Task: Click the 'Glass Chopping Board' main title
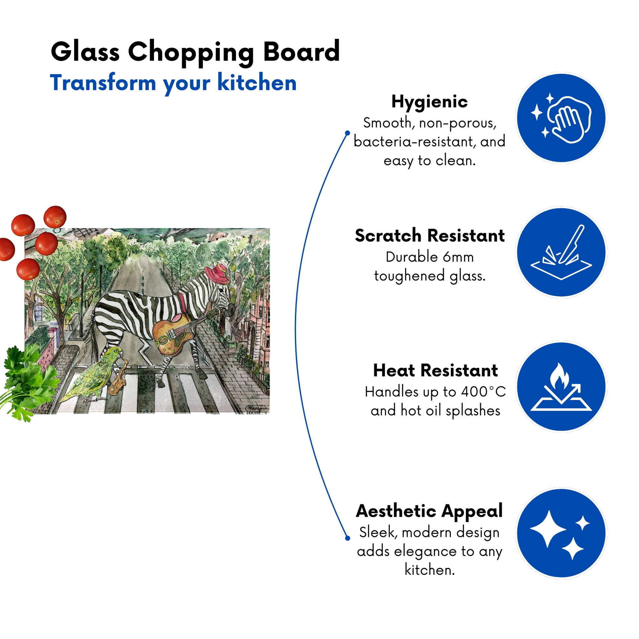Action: (x=195, y=52)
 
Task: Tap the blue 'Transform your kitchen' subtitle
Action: (x=173, y=83)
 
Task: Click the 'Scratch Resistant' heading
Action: (x=430, y=236)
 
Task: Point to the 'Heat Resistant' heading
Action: (x=435, y=370)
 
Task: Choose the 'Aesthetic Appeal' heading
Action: (x=429, y=511)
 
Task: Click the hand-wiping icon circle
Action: (x=561, y=118)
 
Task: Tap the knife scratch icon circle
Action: (x=561, y=252)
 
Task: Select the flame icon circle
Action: (x=561, y=386)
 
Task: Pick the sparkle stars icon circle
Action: (x=561, y=533)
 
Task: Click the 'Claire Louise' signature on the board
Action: (x=254, y=410)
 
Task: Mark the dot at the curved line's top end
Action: (x=347, y=133)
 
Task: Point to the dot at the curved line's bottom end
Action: (x=347, y=538)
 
